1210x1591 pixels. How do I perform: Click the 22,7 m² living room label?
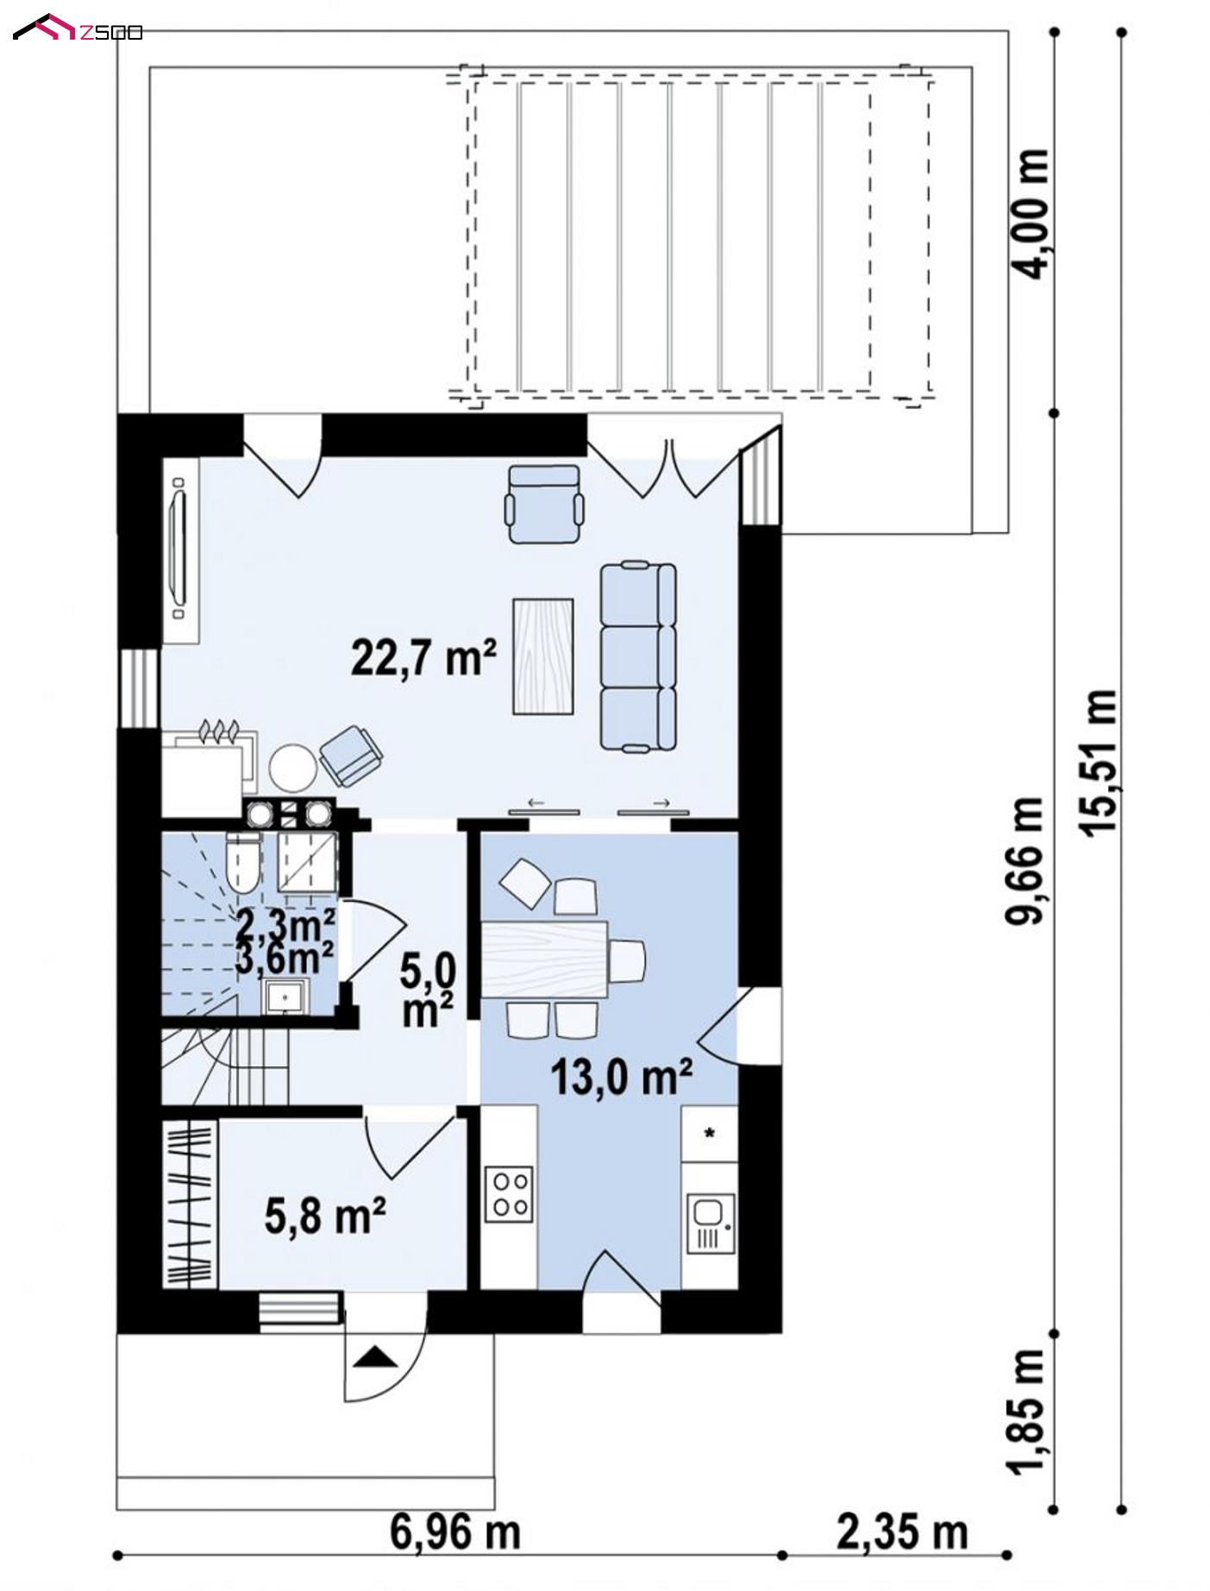[423, 657]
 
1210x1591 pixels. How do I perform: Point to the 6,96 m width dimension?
[455, 1532]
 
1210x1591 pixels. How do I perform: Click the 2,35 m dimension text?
[902, 1532]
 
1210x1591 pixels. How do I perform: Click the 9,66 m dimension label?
[1026, 860]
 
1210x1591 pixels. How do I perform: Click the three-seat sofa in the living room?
[637, 656]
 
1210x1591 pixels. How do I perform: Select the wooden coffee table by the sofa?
[543, 656]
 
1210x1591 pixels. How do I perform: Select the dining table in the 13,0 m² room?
[544, 959]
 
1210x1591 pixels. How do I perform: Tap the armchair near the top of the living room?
[543, 504]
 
